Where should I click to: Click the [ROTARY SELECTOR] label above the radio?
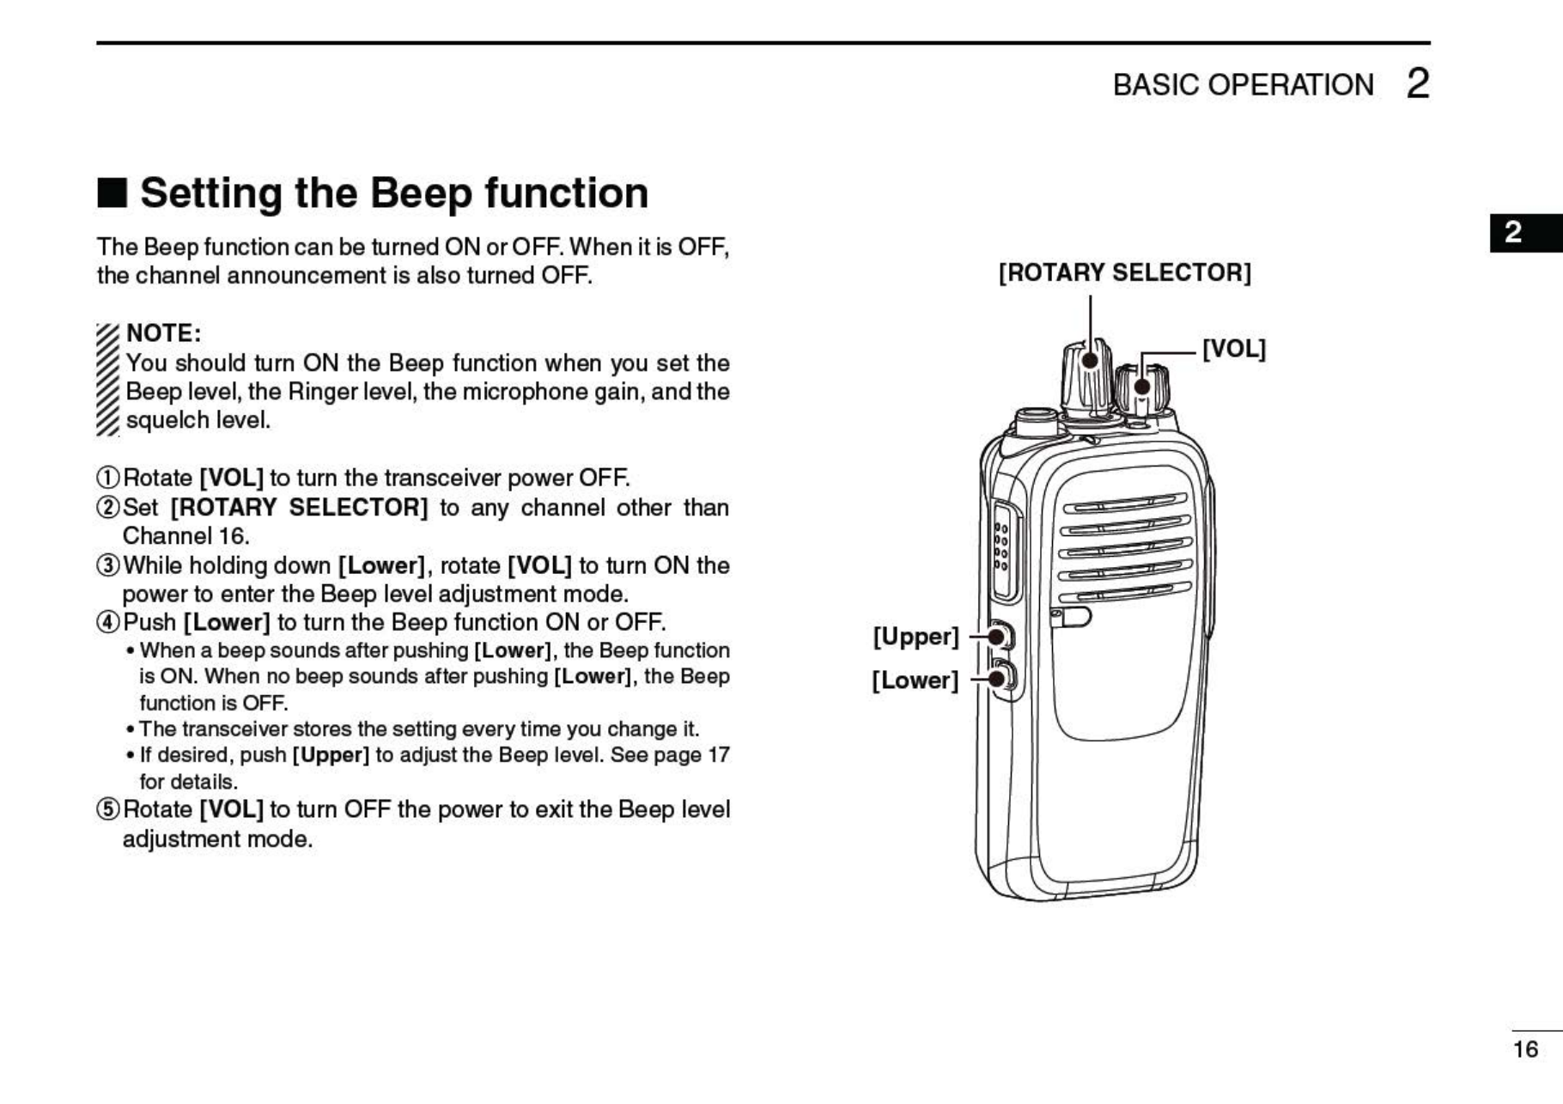(1124, 273)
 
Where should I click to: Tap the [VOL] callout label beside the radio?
(1233, 349)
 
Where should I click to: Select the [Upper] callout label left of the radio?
(915, 637)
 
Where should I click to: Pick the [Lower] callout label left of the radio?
(915, 680)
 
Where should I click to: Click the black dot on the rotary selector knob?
(1090, 358)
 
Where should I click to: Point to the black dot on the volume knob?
(1142, 386)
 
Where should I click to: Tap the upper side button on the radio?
(1000, 637)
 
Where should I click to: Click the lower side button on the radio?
(1001, 679)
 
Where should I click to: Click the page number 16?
(1525, 1049)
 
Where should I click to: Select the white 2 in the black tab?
(1513, 232)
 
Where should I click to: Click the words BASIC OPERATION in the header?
(1243, 85)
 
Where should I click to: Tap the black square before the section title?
(112, 192)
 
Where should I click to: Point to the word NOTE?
(163, 333)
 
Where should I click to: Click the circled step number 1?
(107, 479)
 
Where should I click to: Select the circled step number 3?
(107, 566)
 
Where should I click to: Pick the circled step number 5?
(107, 810)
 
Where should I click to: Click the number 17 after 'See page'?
(718, 755)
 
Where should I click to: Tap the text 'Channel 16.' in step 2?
(185, 536)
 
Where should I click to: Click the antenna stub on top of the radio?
(1036, 422)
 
